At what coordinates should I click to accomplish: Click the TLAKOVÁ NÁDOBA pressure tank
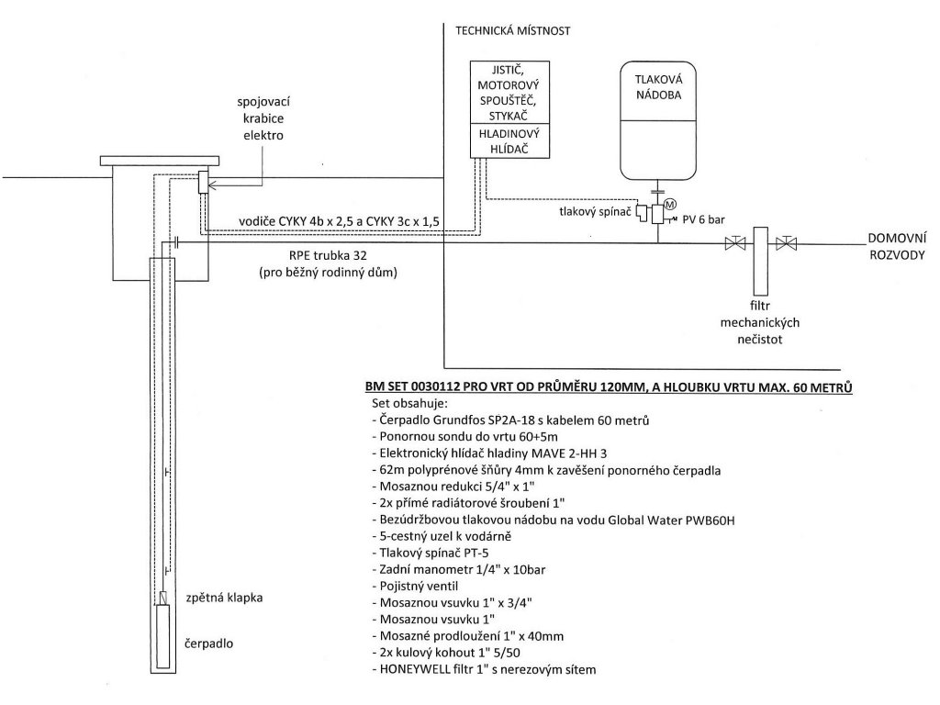pyautogui.click(x=658, y=120)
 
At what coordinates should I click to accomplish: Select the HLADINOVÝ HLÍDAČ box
pyautogui.click(x=509, y=141)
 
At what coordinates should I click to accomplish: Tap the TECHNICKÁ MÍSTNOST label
pyautogui.click(x=512, y=30)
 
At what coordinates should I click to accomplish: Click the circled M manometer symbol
pyautogui.click(x=670, y=205)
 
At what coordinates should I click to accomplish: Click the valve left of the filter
pyautogui.click(x=734, y=243)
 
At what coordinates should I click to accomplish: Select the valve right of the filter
pyautogui.click(x=786, y=243)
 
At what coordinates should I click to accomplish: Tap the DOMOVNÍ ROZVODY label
pyautogui.click(x=897, y=246)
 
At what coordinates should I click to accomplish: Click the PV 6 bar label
pyautogui.click(x=704, y=220)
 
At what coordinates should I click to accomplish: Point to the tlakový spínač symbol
pyautogui.click(x=642, y=213)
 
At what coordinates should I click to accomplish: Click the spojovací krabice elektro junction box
pyautogui.click(x=203, y=182)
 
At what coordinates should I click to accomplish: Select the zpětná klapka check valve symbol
pyautogui.click(x=163, y=598)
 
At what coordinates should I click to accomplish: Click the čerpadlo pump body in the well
pyautogui.click(x=163, y=636)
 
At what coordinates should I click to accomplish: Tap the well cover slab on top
pyautogui.click(x=160, y=161)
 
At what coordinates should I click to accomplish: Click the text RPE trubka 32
pyautogui.click(x=329, y=256)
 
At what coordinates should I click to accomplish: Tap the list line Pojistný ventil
pyautogui.click(x=415, y=587)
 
